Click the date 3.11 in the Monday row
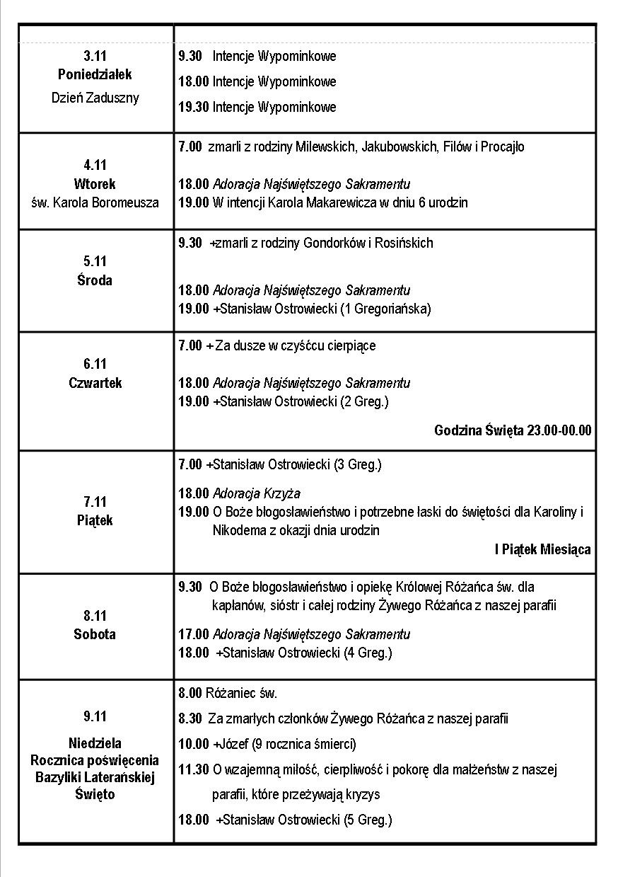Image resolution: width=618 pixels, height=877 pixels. tap(95, 55)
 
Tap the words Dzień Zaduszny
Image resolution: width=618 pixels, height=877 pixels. tap(95, 98)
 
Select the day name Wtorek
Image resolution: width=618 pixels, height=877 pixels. tap(95, 184)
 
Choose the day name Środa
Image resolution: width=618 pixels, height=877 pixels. tap(95, 280)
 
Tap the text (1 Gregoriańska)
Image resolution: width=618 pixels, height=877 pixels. tap(385, 309)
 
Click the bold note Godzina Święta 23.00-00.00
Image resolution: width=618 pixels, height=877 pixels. tap(513, 430)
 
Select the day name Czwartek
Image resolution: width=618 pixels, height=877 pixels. tap(95, 383)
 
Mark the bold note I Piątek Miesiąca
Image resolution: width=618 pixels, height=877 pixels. tap(542, 549)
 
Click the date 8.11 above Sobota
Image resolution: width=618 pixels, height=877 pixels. tap(95, 616)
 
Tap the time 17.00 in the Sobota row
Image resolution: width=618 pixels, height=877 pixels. tap(193, 634)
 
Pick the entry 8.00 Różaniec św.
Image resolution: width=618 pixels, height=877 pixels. tap(228, 693)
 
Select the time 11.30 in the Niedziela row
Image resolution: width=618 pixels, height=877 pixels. tap(193, 769)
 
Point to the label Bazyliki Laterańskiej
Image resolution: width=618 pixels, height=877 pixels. tap(95, 777)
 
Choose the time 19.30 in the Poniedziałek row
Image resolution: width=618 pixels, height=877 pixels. tap(193, 108)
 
